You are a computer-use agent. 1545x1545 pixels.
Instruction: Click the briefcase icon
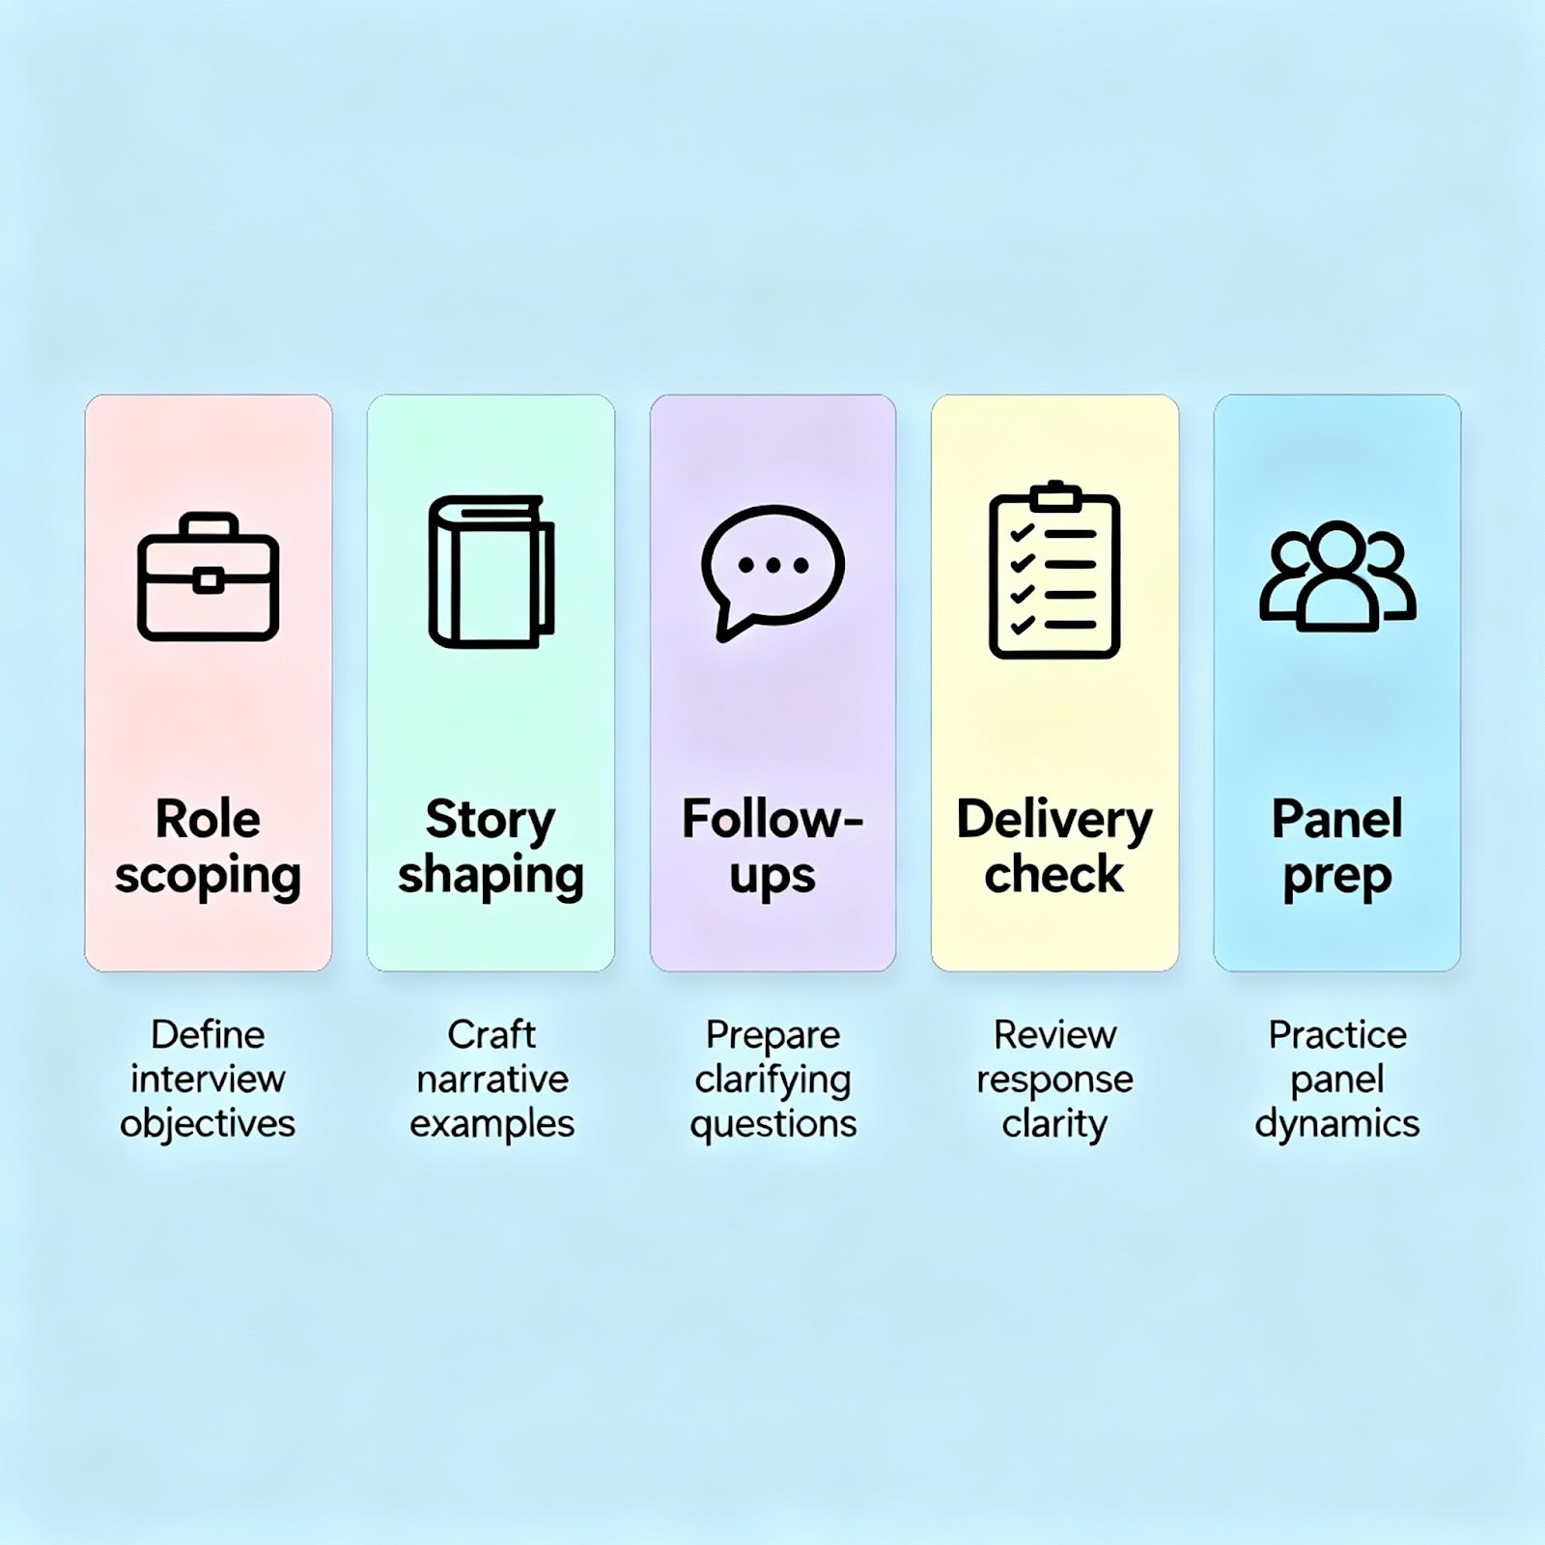[x=208, y=576]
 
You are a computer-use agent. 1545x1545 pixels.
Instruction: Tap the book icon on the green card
[x=491, y=572]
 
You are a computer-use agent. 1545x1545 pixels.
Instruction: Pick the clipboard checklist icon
[x=1054, y=571]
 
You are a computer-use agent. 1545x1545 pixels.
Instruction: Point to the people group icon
[x=1337, y=576]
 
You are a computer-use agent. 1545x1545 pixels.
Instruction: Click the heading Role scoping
[x=208, y=847]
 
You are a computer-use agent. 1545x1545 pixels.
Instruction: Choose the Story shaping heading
[x=491, y=847]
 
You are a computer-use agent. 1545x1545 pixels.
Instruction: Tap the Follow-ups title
[x=772, y=847]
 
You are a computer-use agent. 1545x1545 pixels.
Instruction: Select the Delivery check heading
[x=1054, y=847]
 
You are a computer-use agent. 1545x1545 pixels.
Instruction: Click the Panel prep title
[x=1337, y=847]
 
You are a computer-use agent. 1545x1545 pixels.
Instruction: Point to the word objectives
[x=208, y=1124]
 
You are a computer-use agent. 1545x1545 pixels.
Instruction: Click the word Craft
[x=491, y=1034]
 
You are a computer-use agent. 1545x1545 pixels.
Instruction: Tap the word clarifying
[x=772, y=1080]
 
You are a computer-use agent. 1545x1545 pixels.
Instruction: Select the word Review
[x=1054, y=1034]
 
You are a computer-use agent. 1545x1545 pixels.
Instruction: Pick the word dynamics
[x=1337, y=1124]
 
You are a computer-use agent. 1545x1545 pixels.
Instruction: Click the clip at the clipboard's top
[x=1054, y=496]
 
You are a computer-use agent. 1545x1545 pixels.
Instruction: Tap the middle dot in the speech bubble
[x=772, y=566]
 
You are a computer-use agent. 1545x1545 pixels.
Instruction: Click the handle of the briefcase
[x=208, y=524]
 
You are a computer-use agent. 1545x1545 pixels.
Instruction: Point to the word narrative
[x=492, y=1079]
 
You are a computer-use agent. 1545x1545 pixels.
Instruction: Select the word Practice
[x=1337, y=1034]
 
